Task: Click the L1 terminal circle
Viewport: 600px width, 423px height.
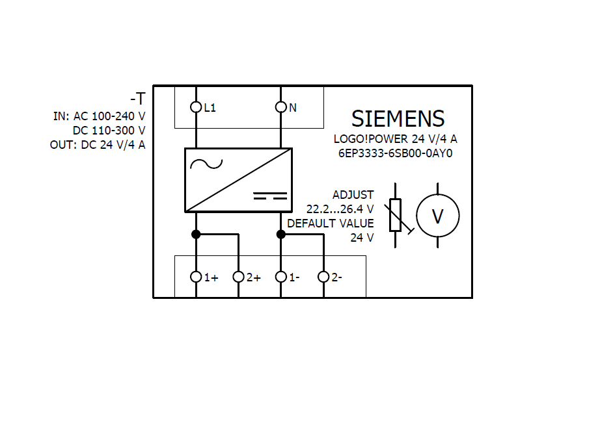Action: pos(196,107)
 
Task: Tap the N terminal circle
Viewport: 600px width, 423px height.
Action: pos(281,107)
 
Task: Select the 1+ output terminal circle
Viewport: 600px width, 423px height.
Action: pos(196,277)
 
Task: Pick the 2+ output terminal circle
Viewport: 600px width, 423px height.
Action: pos(238,277)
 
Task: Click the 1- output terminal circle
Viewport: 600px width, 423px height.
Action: pos(281,277)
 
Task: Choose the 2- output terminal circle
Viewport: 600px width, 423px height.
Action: pos(323,277)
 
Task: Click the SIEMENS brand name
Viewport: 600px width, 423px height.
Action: pos(398,119)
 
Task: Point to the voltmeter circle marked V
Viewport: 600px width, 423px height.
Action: pos(438,216)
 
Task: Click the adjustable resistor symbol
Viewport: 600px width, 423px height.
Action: pos(396,215)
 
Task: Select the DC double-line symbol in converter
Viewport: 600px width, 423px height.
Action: pos(269,195)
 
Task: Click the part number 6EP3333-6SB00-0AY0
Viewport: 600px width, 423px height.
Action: pos(395,154)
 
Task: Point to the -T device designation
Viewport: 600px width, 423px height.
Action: pos(137,99)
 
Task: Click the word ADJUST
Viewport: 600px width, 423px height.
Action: pos(353,195)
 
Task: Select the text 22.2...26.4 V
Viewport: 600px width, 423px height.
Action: pos(340,209)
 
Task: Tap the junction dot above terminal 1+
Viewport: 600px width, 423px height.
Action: pos(196,234)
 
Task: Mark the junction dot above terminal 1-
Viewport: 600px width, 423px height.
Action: pos(281,234)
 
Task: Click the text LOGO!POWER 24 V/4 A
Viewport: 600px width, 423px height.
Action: pos(395,139)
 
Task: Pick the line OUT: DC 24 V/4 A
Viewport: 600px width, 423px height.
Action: pos(98,145)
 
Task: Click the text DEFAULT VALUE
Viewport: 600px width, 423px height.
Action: pos(331,224)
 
